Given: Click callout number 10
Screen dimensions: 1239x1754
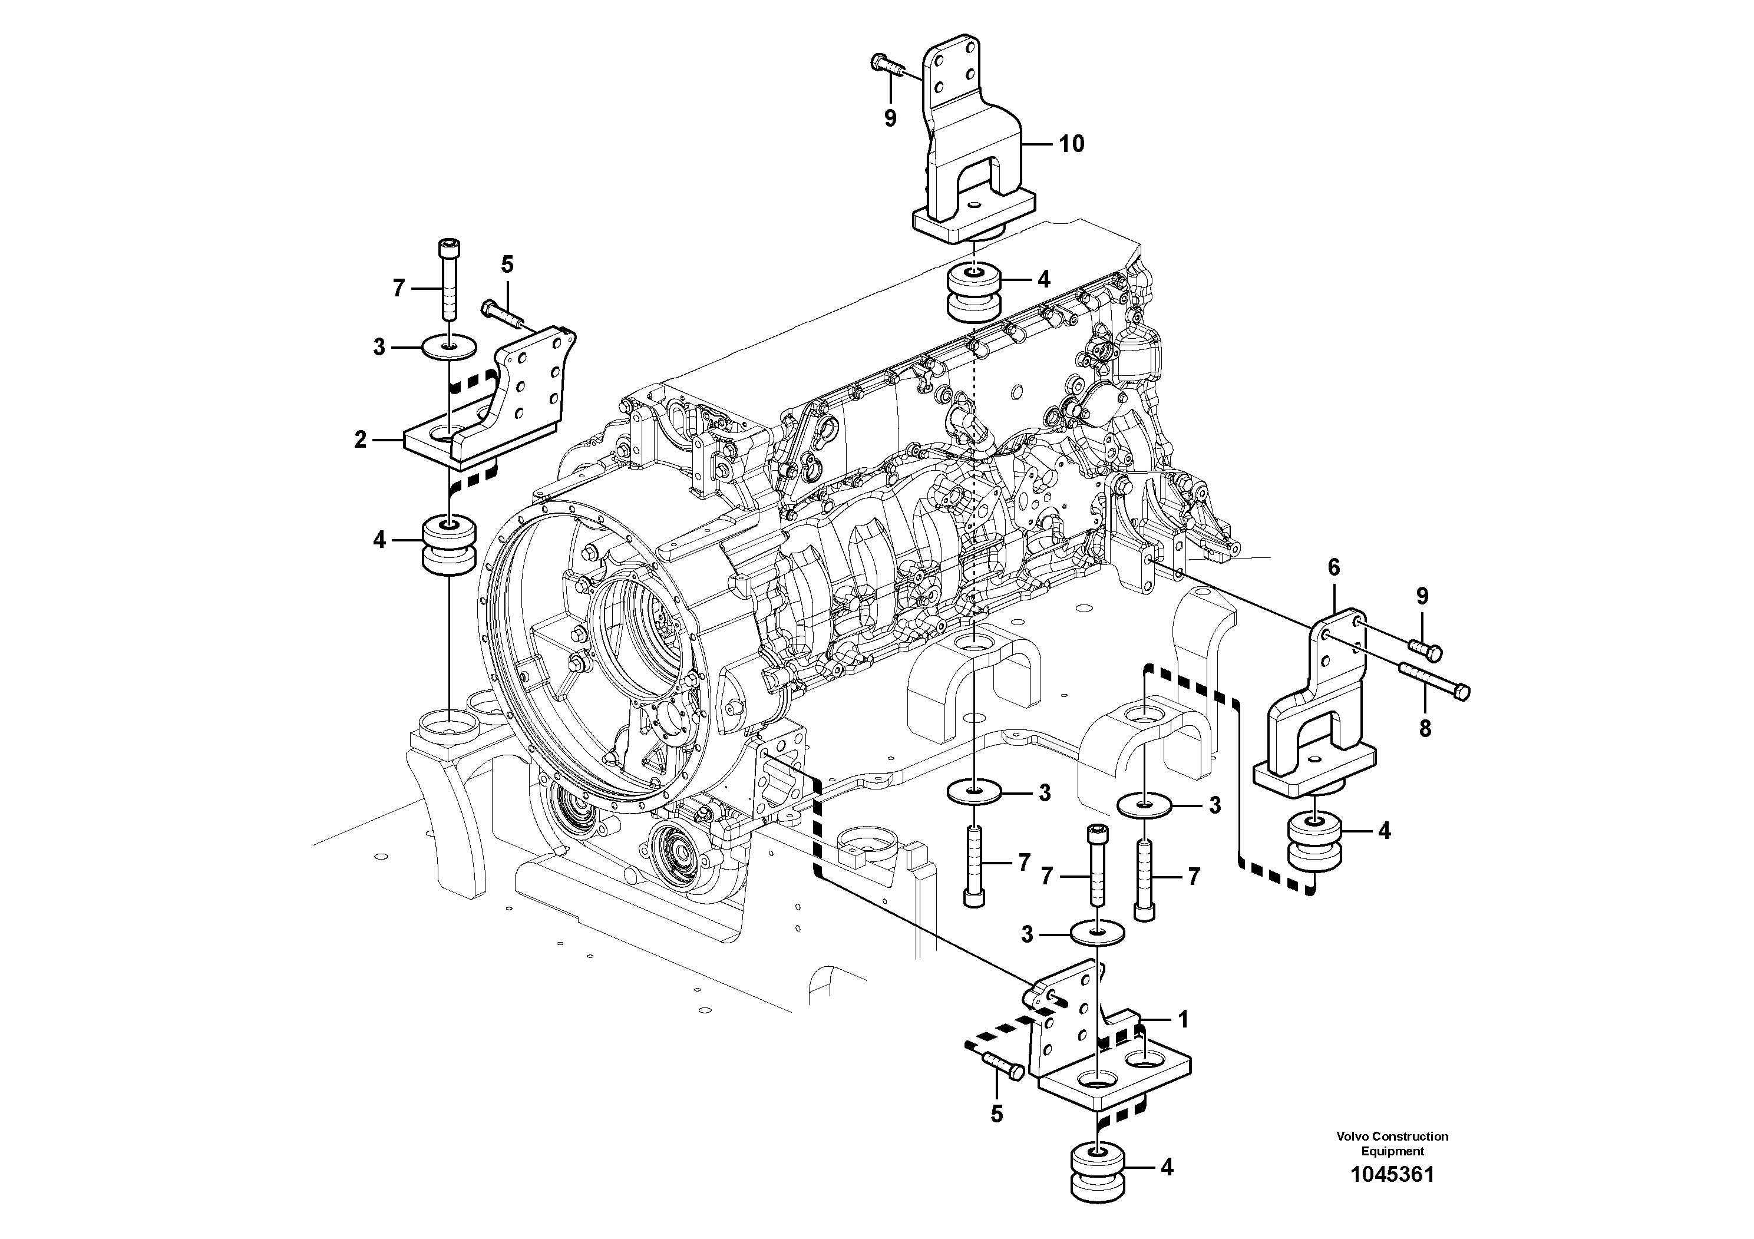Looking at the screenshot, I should click(x=1072, y=144).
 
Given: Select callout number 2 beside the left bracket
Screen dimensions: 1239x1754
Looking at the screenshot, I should click(x=361, y=440).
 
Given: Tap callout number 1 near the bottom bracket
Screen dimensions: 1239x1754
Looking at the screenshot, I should click(x=1182, y=1019).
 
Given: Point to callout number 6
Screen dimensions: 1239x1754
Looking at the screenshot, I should click(x=1334, y=567).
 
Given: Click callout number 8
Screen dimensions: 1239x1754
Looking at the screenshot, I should click(x=1425, y=728).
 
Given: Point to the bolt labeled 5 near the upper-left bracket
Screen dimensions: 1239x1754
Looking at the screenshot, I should click(x=500, y=313).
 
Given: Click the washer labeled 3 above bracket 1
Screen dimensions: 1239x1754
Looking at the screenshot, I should click(x=1097, y=933).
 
